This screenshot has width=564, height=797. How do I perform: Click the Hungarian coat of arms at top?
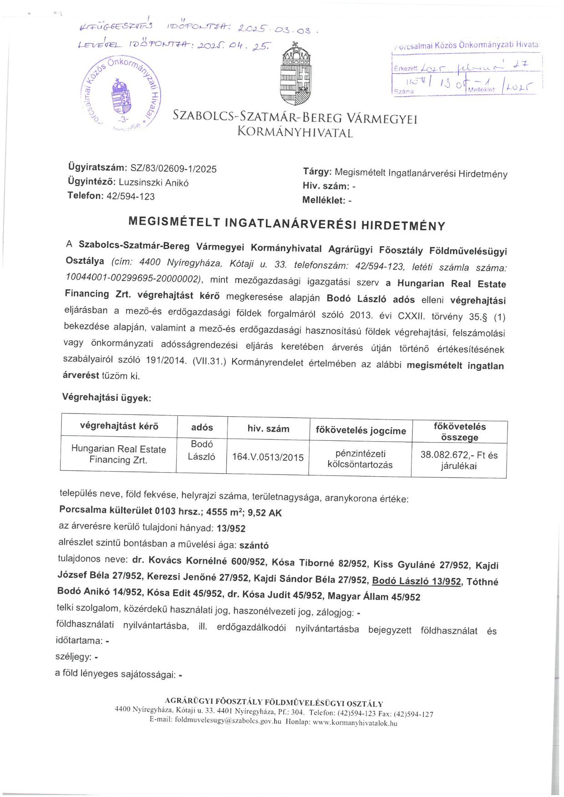pos(296,72)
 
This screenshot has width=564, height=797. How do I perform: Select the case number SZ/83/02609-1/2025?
pos(173,169)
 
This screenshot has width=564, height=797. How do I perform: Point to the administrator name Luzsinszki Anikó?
pos(153,182)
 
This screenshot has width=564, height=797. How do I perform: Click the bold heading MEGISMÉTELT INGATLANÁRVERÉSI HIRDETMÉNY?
pos(287,223)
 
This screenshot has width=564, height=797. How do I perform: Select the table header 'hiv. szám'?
pos(268,428)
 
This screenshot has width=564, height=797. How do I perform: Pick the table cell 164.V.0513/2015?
pos(268,457)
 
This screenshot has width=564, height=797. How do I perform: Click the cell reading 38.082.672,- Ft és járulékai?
pos(459,460)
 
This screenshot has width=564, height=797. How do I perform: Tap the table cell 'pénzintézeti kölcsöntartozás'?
pos(360,459)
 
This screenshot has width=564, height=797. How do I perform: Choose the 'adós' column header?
pos(202,427)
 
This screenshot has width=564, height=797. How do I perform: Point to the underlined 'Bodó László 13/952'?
pos(416,581)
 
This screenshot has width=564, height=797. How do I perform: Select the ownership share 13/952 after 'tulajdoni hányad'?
pos(231,528)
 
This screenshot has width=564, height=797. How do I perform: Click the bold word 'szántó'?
pos(254,545)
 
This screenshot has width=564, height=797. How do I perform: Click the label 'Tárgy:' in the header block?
pos(317,172)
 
